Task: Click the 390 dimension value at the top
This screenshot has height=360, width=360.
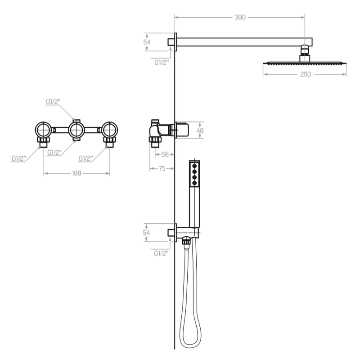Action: point(240,18)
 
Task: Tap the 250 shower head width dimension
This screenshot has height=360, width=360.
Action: point(306,74)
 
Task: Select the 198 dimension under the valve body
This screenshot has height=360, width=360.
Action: point(76,173)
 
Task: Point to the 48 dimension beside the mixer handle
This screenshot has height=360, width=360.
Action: point(200,130)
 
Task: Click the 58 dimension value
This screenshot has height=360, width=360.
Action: point(165,154)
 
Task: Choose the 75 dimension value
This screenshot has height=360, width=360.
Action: point(162,168)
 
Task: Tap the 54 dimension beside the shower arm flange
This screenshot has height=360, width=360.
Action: point(147,42)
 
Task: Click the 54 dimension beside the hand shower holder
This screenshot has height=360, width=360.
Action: point(146,233)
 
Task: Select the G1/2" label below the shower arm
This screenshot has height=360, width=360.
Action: point(162,63)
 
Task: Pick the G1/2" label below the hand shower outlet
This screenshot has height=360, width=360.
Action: point(161,253)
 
